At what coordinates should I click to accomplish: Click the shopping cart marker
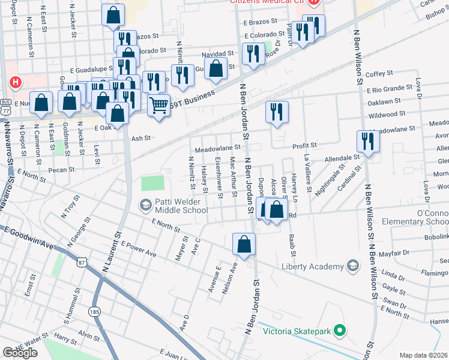tap(158, 106)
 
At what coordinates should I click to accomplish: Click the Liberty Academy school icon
tap(352, 265)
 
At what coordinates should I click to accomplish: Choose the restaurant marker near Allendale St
tap(367, 141)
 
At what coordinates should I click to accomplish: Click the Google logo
tap(20, 353)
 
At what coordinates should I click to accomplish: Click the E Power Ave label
tap(138, 249)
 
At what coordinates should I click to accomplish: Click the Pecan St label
tap(62, 170)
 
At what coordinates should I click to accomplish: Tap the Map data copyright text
tap(423, 355)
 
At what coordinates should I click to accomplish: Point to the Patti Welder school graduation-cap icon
tap(145, 205)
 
